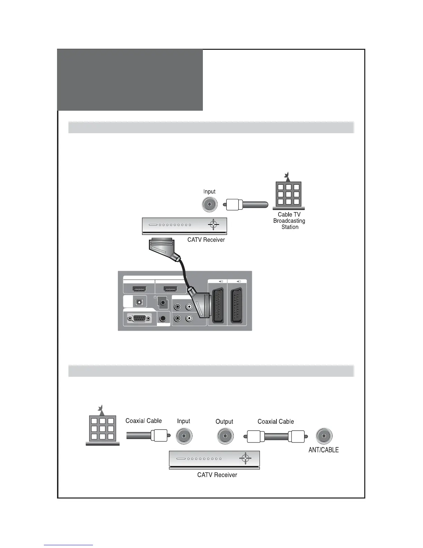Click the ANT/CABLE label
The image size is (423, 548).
pyautogui.click(x=323, y=450)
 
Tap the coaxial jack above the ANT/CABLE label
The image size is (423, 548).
pyautogui.click(x=324, y=436)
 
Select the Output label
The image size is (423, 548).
pyautogui.click(x=224, y=421)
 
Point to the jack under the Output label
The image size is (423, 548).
pyautogui.click(x=225, y=436)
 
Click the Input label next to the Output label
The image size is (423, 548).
pyautogui.click(x=184, y=421)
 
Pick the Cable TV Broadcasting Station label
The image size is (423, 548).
pyautogui.click(x=289, y=221)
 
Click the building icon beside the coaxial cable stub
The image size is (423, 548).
pyautogui.click(x=102, y=427)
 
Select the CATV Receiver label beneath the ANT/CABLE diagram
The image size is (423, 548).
pyautogui.click(x=217, y=475)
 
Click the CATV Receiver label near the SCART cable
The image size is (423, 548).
pyautogui.click(x=206, y=240)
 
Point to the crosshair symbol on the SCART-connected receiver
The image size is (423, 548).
pyautogui.click(x=214, y=225)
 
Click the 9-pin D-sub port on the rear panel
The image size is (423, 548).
pyautogui.click(x=139, y=318)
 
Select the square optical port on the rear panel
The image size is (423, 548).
pyautogui.click(x=139, y=302)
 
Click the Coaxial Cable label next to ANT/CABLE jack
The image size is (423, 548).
pyautogui.click(x=275, y=421)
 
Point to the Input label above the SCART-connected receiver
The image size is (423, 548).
pyautogui.click(x=209, y=191)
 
